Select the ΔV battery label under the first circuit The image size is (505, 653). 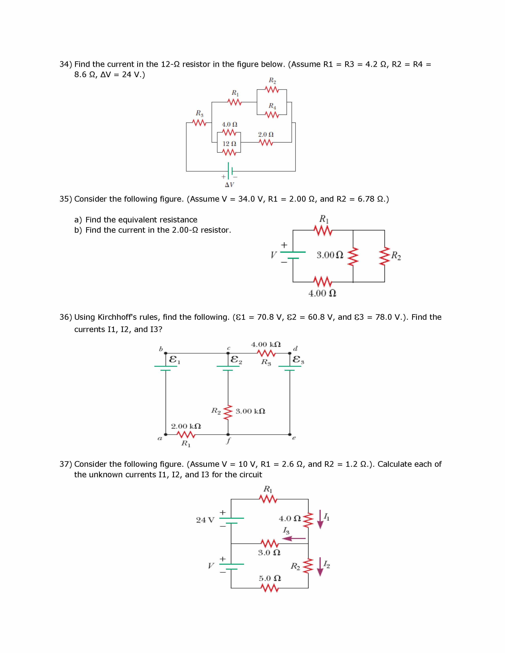coord(230,185)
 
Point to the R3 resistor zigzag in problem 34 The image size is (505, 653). coord(199,123)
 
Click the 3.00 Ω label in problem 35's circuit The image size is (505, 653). coord(330,255)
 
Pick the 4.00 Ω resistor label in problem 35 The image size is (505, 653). coord(322,293)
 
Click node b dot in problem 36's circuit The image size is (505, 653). coord(166,353)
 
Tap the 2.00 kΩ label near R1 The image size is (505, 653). coord(186,426)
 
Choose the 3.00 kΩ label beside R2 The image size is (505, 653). coord(250,411)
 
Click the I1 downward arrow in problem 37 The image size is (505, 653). coord(320,520)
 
